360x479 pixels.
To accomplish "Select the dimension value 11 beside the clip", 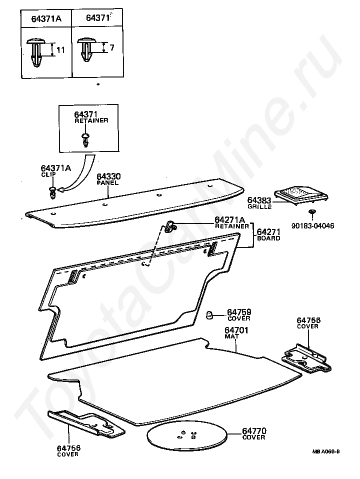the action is (60, 50).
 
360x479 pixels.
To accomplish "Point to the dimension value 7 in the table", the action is (112, 48).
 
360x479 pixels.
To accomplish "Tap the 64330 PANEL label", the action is (109, 179).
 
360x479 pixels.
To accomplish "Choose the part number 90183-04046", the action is (313, 225).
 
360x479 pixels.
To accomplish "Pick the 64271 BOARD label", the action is (268, 235).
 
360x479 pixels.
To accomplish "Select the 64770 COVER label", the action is (254, 433).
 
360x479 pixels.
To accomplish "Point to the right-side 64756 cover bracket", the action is (305, 358).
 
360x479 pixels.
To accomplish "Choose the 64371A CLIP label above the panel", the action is (55, 171).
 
